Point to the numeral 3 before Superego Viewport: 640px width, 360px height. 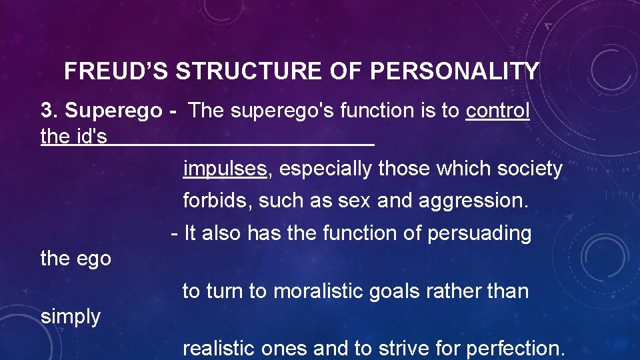pos(46,111)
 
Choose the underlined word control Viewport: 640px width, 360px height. pos(498,111)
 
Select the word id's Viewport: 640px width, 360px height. pos(93,137)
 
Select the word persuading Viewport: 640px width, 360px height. pos(479,233)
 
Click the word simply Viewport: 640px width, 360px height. pos(71,317)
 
